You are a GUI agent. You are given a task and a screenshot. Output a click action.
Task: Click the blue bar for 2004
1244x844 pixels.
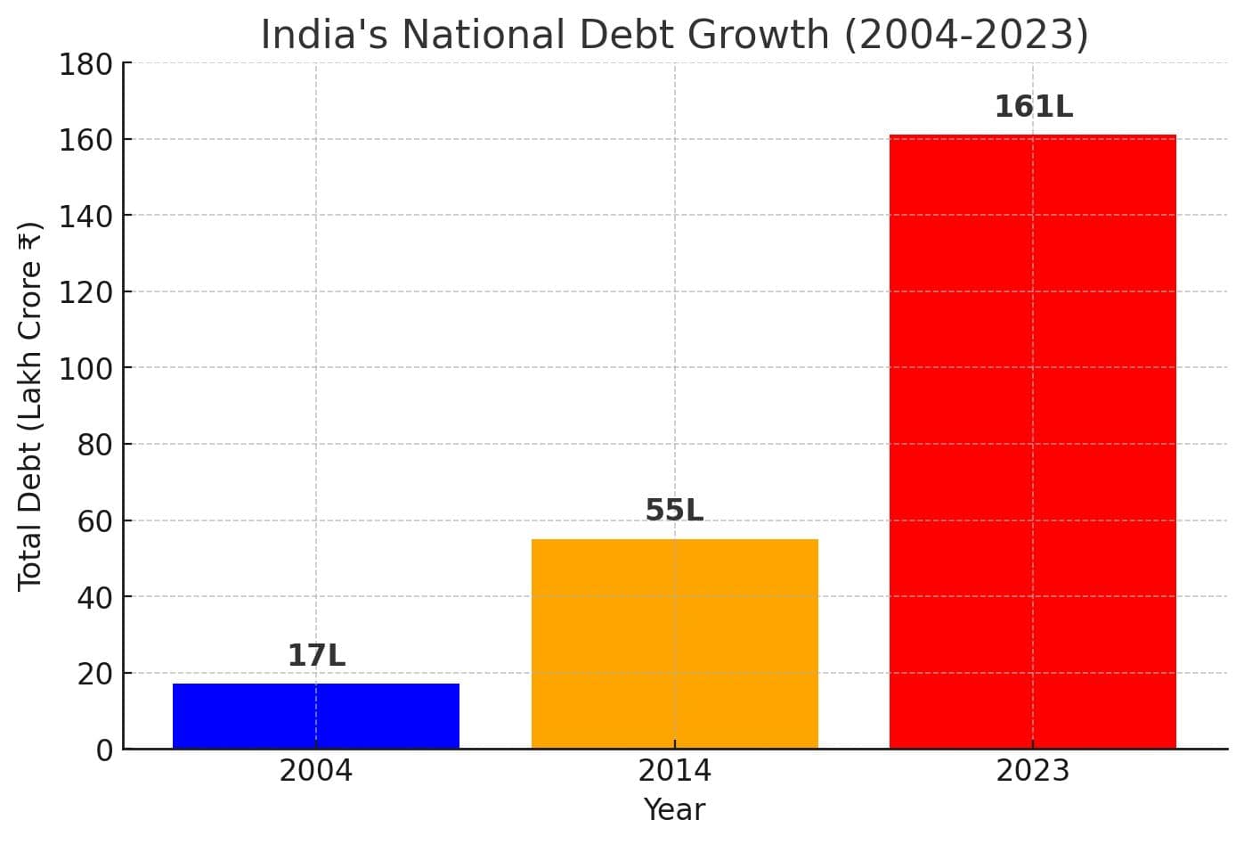click(x=315, y=716)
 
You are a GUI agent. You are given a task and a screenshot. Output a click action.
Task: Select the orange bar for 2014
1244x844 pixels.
click(x=674, y=643)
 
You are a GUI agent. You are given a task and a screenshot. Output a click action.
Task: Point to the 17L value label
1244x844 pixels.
click(x=316, y=656)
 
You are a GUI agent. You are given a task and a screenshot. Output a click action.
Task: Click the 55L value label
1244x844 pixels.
click(x=674, y=511)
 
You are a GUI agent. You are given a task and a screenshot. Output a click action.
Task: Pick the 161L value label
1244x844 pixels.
click(x=1033, y=107)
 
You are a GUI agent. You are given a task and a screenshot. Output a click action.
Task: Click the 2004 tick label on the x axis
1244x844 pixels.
click(x=315, y=771)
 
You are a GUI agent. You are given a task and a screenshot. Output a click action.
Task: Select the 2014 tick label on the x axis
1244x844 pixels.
click(x=674, y=771)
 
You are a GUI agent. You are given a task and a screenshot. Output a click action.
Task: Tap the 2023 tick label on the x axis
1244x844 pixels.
click(x=1032, y=771)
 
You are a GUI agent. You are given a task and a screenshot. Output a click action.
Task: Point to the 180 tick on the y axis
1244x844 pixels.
click(x=85, y=64)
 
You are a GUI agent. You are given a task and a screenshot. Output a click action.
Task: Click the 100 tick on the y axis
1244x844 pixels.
click(x=85, y=368)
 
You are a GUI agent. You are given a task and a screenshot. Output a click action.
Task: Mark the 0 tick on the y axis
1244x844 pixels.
click(x=105, y=750)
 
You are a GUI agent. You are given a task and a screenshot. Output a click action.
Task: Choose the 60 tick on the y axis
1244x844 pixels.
click(x=94, y=520)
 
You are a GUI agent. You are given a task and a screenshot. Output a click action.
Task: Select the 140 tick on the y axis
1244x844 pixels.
click(x=85, y=216)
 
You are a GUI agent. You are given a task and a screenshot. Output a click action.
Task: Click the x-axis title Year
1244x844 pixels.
click(x=674, y=810)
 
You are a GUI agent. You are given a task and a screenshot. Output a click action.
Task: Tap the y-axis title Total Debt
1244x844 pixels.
click(x=30, y=406)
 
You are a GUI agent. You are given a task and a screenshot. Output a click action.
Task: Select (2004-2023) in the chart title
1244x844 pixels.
click(x=966, y=36)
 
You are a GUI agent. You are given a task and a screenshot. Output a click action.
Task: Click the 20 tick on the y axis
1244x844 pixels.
click(x=94, y=674)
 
